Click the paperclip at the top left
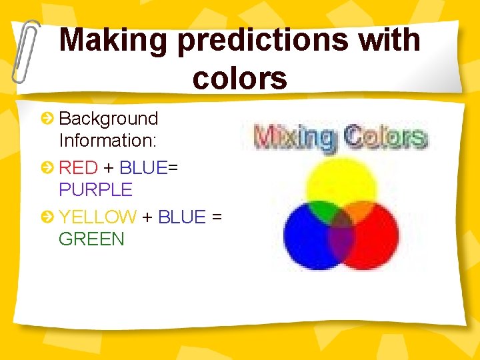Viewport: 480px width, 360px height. (x=25, y=50)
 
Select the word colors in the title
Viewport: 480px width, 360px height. (x=240, y=78)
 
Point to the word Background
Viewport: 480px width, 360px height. (x=109, y=119)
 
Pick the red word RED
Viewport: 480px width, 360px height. (x=78, y=167)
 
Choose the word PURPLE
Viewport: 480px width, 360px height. (x=96, y=190)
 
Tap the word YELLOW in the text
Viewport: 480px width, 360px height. (x=97, y=217)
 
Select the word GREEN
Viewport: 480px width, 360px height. (x=91, y=239)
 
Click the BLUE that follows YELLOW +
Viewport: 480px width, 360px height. (x=181, y=217)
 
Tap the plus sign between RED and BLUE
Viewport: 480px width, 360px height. (x=108, y=168)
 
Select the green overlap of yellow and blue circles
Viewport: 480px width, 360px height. (x=323, y=213)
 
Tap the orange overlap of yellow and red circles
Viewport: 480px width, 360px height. (x=360, y=211)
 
